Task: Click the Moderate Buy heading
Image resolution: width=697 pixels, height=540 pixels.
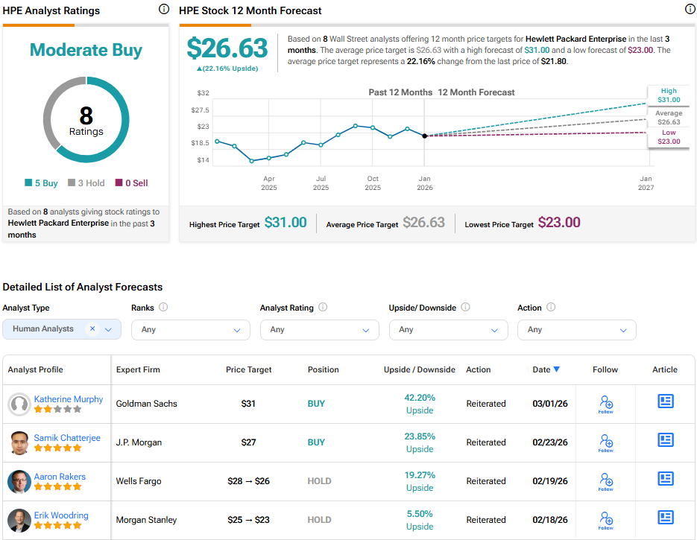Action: click(x=86, y=50)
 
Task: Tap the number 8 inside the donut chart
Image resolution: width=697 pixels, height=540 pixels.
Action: click(x=86, y=115)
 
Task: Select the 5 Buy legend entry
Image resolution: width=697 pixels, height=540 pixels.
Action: click(x=41, y=182)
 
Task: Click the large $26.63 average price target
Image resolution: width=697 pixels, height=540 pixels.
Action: click(x=227, y=48)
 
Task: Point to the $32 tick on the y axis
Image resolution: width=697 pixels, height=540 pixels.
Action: click(x=203, y=93)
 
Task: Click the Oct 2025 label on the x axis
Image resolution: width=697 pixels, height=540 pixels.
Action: click(x=373, y=183)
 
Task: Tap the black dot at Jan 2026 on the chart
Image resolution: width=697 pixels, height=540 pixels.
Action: click(x=424, y=136)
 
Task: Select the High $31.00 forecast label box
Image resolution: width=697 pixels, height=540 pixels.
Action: click(x=668, y=95)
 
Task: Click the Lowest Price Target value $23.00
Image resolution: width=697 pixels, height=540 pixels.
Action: click(x=559, y=223)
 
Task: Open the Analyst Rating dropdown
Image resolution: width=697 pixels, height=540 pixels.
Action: click(x=319, y=329)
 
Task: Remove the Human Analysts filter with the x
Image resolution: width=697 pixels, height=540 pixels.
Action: click(x=92, y=328)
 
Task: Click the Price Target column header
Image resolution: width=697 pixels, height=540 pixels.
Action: click(x=249, y=369)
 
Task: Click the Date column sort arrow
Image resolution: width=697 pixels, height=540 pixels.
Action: click(x=557, y=369)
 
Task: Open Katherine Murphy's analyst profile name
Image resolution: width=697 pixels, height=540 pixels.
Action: click(x=69, y=399)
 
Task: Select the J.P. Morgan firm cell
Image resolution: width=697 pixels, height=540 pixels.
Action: click(x=139, y=442)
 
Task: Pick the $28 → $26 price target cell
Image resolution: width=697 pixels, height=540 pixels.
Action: click(x=249, y=481)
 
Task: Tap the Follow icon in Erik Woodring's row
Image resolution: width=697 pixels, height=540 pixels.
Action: click(x=605, y=520)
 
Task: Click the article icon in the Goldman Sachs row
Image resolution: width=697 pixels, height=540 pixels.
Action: click(x=665, y=401)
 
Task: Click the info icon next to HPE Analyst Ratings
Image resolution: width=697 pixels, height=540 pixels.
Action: click(x=164, y=10)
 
